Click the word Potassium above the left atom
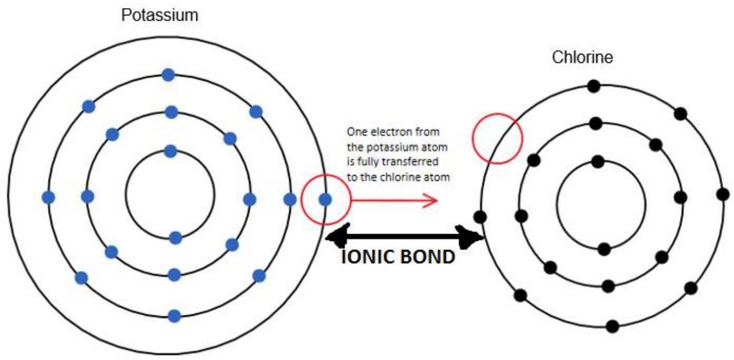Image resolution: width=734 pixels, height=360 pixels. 160,15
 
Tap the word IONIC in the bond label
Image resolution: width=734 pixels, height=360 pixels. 367,257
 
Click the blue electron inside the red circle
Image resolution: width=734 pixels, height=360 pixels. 325,199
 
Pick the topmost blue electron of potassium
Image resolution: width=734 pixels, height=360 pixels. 168,74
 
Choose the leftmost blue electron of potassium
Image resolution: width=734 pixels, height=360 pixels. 49,197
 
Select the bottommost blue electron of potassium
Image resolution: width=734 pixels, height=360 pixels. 175,315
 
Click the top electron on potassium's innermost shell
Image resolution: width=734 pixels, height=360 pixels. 170,151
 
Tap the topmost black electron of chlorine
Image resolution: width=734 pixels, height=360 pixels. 594,86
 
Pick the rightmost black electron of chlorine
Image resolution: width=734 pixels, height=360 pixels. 722,193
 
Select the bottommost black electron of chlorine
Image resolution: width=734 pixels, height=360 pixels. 613,326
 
